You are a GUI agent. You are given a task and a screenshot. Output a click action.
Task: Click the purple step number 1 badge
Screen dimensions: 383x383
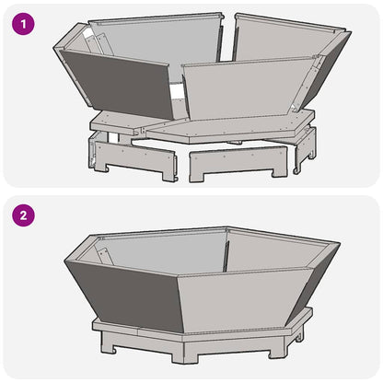(x=23, y=25)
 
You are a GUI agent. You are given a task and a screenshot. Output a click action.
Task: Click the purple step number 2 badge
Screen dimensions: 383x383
(x=23, y=216)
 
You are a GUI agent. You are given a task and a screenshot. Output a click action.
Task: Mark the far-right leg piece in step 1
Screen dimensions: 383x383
(x=304, y=150)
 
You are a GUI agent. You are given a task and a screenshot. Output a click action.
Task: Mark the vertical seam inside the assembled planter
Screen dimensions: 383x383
(x=226, y=249)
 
